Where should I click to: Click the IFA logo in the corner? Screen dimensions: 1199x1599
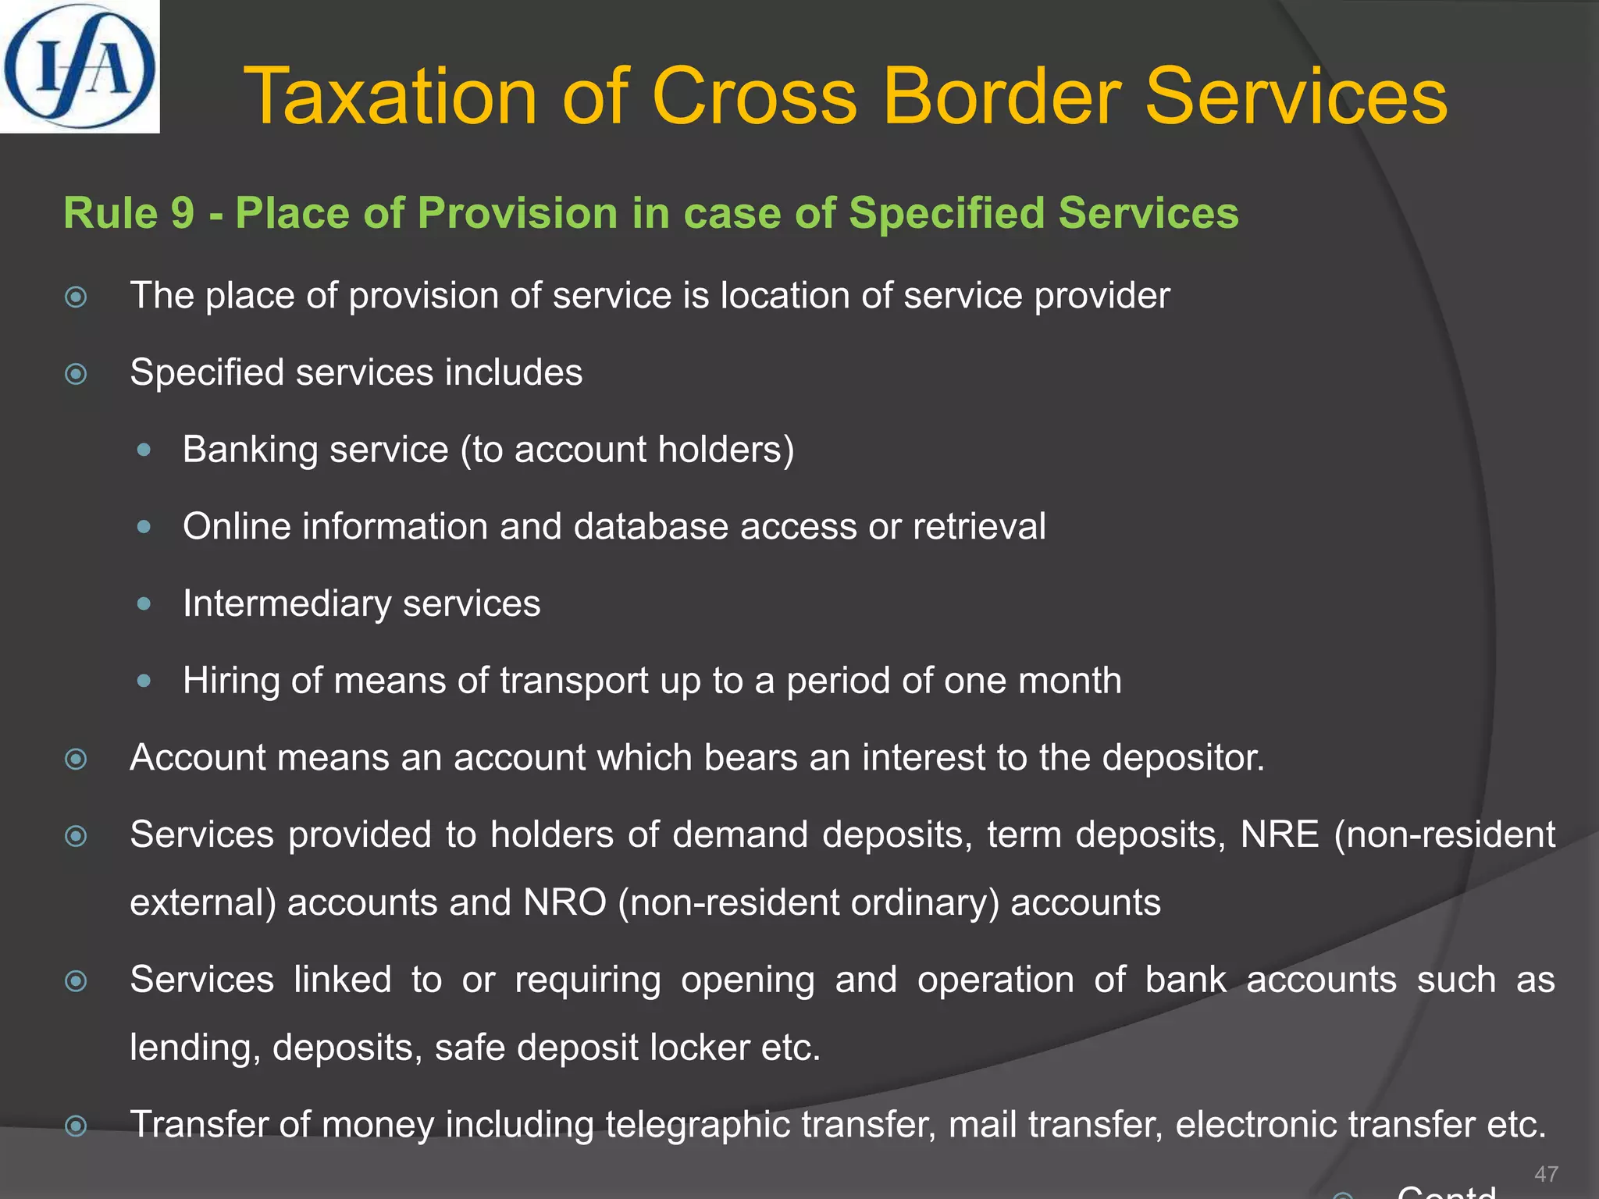tap(79, 66)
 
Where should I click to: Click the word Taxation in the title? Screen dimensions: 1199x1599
tap(390, 97)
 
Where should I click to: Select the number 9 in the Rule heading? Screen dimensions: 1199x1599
tap(183, 213)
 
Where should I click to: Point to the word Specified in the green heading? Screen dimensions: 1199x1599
tap(946, 213)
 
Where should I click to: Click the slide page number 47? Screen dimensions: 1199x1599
tap(1546, 1173)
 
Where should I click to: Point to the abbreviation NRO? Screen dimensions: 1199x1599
tap(564, 902)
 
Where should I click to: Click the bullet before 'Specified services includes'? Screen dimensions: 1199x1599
tap(76, 374)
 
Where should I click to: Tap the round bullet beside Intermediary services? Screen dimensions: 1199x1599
tap(144, 603)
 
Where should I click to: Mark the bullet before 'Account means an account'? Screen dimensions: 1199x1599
tap(76, 759)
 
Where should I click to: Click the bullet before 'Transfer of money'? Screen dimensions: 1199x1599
tap(76, 1126)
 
